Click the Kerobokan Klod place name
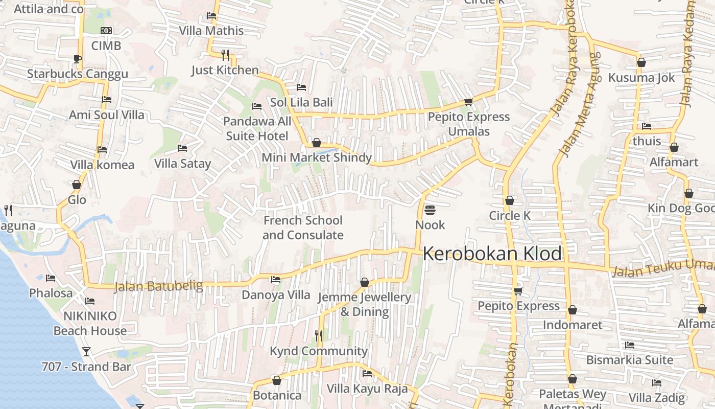[x=492, y=254]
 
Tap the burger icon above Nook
[x=430, y=210]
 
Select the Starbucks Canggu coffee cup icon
[x=77, y=59]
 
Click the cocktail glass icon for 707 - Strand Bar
[x=86, y=351]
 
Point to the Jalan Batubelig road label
[x=158, y=286]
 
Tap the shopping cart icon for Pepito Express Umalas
[x=468, y=102]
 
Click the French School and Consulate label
[x=303, y=228]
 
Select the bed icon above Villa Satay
[x=182, y=148]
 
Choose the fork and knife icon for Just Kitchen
[x=225, y=54]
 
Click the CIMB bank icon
[x=106, y=31]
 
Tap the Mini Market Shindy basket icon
[x=317, y=143]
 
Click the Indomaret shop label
[x=573, y=325]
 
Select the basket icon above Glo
[x=77, y=185]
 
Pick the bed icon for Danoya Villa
[x=276, y=280]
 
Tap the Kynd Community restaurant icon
[x=319, y=335]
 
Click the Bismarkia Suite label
[x=630, y=360]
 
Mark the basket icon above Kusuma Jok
[x=641, y=62]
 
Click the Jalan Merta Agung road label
[x=580, y=105]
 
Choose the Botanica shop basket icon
[x=277, y=380]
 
